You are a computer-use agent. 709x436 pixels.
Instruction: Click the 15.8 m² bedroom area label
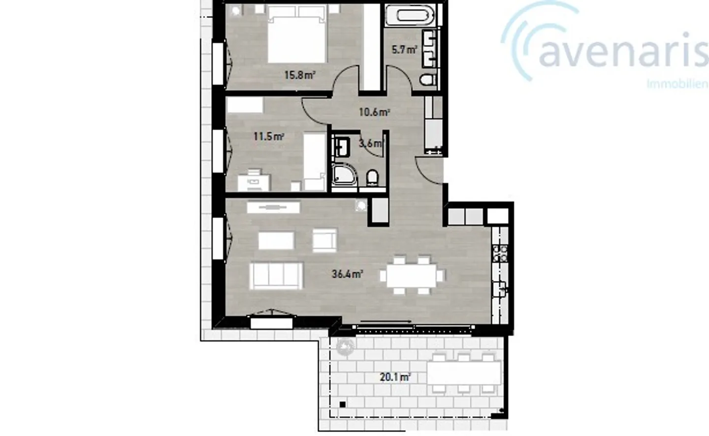coord(299,75)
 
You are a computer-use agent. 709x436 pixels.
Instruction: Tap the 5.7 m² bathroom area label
coord(404,49)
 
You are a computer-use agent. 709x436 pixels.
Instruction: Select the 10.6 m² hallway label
coord(374,112)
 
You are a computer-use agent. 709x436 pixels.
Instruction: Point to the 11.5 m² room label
coord(268,136)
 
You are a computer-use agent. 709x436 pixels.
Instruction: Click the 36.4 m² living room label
coord(347,274)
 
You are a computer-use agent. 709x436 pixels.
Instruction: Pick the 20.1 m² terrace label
coord(395,377)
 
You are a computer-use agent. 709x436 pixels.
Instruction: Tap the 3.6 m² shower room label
coord(370,144)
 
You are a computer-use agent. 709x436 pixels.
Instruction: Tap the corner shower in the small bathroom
coord(343,176)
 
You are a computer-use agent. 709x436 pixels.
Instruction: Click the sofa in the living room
coord(276,275)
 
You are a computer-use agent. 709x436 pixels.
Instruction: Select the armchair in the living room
coord(324,240)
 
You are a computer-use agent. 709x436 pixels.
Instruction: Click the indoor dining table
coord(412,275)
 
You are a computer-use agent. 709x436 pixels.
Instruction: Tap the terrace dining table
coord(463,372)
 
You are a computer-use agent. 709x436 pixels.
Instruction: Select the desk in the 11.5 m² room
coord(254,181)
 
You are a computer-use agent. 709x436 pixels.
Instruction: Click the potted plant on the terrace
coord(345,347)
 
